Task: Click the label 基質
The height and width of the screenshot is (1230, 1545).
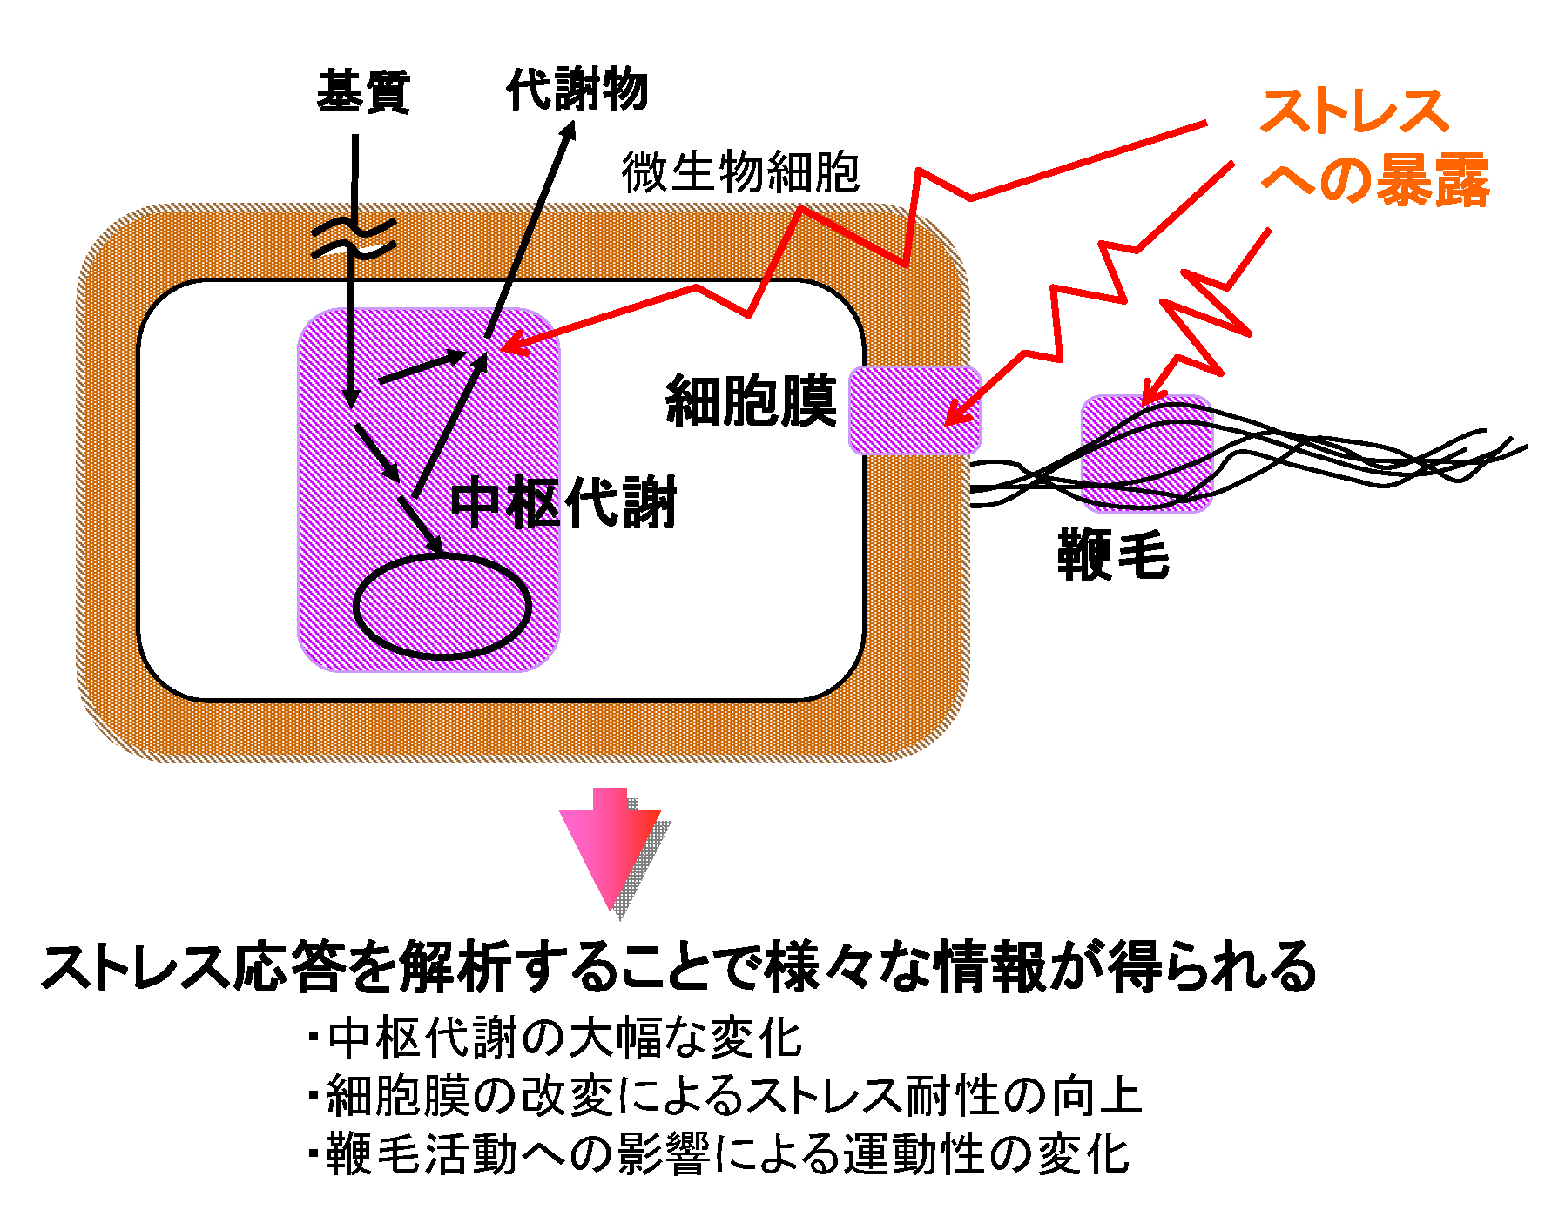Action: pyautogui.click(x=363, y=92)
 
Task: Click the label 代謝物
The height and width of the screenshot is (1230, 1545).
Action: pyautogui.click(x=577, y=89)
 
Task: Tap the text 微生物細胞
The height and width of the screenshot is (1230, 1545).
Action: pyautogui.click(x=740, y=171)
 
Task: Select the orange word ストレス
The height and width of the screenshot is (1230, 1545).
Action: pyautogui.click(x=1353, y=112)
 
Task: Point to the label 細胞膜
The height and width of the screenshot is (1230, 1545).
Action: pyautogui.click(x=751, y=401)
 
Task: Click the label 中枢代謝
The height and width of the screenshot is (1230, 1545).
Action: pyautogui.click(x=563, y=503)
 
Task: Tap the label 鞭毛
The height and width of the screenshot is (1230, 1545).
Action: pyautogui.click(x=1113, y=555)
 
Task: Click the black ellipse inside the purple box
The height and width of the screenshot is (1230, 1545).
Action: pyautogui.click(x=442, y=606)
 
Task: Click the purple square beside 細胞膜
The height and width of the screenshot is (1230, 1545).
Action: pyautogui.click(x=914, y=410)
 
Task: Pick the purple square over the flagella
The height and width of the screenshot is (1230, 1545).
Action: pyautogui.click(x=1146, y=453)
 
